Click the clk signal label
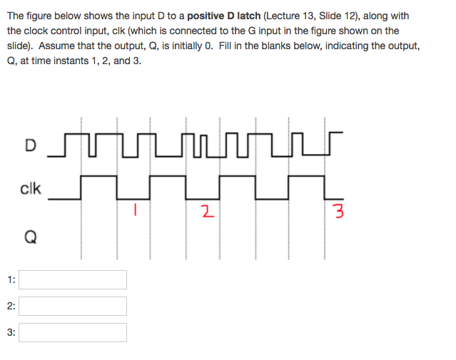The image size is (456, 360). [x=31, y=189]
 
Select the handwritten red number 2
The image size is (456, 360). [x=206, y=211]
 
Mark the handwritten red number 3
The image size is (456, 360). [x=339, y=212]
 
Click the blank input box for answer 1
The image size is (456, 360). [x=73, y=279]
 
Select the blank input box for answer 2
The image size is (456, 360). [x=73, y=306]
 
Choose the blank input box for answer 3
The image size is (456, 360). [x=73, y=332]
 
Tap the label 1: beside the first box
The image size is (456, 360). [x=11, y=279]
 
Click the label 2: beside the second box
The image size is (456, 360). [x=11, y=306]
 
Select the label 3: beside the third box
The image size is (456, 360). [x=11, y=332]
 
